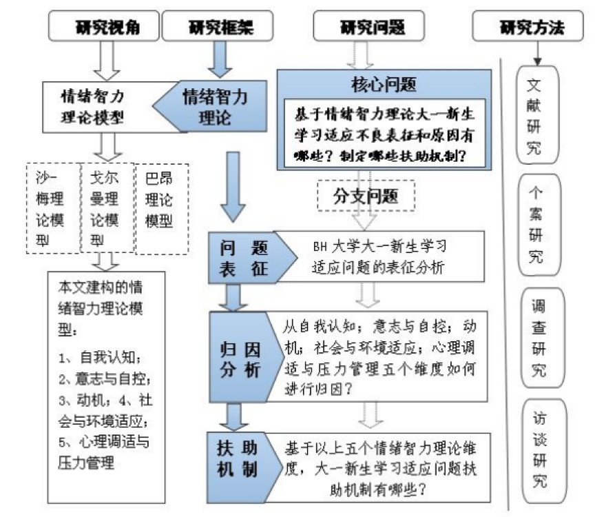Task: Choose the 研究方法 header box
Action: pyautogui.click(x=531, y=28)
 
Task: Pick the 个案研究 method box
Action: pyautogui.click(x=533, y=226)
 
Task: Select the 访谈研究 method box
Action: pyautogui.click(x=533, y=445)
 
